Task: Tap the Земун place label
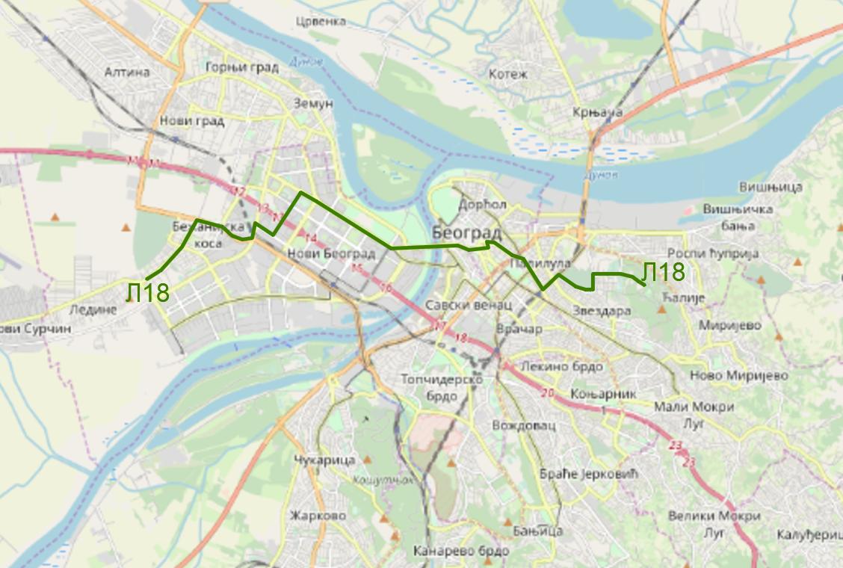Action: click(313, 104)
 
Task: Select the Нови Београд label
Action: click(331, 254)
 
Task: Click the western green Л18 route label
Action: click(148, 292)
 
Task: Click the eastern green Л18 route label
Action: click(663, 272)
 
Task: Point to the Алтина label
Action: click(127, 72)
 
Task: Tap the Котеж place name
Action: click(508, 74)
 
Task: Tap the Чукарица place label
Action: click(324, 460)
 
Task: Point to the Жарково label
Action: click(318, 516)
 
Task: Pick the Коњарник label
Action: click(602, 393)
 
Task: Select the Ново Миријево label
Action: click(738, 375)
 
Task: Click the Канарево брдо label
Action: click(460, 551)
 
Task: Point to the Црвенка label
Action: click(321, 21)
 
